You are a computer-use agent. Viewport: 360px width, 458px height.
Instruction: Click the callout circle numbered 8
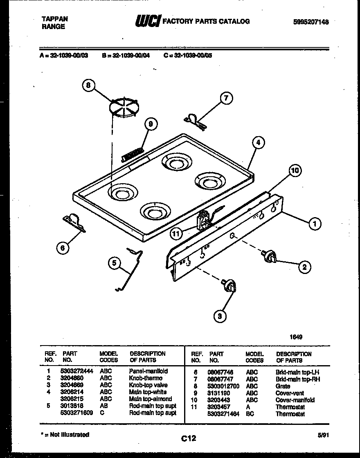coord(88,85)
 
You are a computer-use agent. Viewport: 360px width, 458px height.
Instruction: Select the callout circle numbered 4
coord(258,143)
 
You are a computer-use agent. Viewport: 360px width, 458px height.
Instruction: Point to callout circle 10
coord(295,171)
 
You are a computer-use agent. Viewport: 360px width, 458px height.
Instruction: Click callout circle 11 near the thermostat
coord(176,234)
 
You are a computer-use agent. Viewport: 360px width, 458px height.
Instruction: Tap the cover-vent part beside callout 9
coord(132,154)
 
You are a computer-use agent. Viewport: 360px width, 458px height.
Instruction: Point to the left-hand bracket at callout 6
coord(74,222)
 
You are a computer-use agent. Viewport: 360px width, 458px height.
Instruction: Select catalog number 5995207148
coord(311,22)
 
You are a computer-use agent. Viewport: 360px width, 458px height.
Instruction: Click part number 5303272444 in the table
coord(77,371)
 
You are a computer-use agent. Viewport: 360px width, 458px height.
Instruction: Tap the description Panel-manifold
coord(148,371)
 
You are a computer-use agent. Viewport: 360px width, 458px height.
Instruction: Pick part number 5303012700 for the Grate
coord(224,386)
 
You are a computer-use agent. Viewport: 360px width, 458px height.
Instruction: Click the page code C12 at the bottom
coord(189,438)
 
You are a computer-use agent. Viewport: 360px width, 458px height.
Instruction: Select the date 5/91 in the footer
coord(323,436)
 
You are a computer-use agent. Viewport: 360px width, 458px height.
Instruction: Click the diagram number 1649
coord(296,337)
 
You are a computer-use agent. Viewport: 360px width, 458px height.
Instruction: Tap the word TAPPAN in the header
coord(55,19)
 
